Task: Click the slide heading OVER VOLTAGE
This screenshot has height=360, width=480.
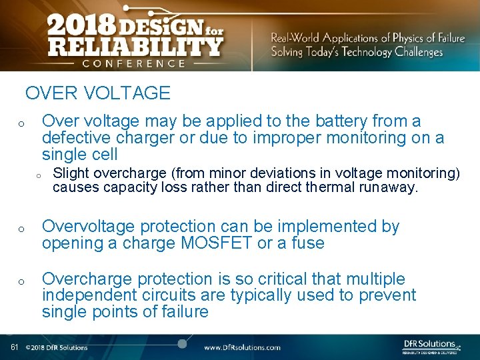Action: click(x=98, y=93)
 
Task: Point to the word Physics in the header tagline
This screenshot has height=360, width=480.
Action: click(x=414, y=38)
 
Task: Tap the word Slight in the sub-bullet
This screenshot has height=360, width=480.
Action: click(x=71, y=173)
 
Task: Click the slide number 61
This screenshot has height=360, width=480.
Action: click(x=14, y=347)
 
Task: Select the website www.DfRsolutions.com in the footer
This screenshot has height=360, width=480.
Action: click(x=242, y=347)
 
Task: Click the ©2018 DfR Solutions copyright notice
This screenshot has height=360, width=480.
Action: click(x=57, y=347)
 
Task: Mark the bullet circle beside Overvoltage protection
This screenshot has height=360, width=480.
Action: click(x=21, y=229)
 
